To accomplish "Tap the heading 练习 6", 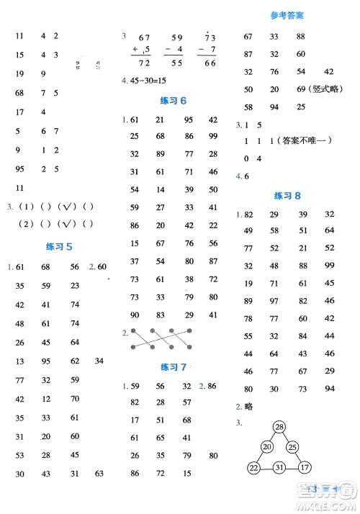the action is [173, 101].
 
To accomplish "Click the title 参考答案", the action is [287, 15].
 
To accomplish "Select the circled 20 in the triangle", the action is [267, 447].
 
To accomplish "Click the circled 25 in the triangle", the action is [292, 447].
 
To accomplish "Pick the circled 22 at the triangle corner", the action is [253, 469].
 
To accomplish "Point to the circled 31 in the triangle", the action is [278, 469].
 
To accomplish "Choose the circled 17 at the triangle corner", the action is [305, 469].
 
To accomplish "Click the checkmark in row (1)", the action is [69, 208].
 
